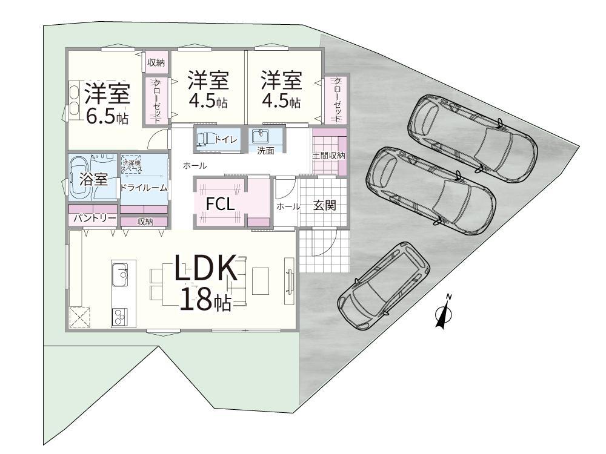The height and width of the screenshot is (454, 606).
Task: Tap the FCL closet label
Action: click(220, 204)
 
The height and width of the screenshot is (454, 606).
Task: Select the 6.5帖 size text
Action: click(107, 117)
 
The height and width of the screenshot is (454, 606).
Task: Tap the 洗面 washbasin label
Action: click(265, 151)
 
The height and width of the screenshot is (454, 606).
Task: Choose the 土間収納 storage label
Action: click(329, 156)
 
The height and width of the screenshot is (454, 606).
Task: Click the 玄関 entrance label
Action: click(325, 205)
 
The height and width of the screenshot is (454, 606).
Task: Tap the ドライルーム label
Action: click(144, 188)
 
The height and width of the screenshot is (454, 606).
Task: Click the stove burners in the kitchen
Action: click(119, 315)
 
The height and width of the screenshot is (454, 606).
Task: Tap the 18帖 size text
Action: click(205, 299)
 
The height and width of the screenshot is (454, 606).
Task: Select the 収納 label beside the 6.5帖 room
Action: click(156, 62)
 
